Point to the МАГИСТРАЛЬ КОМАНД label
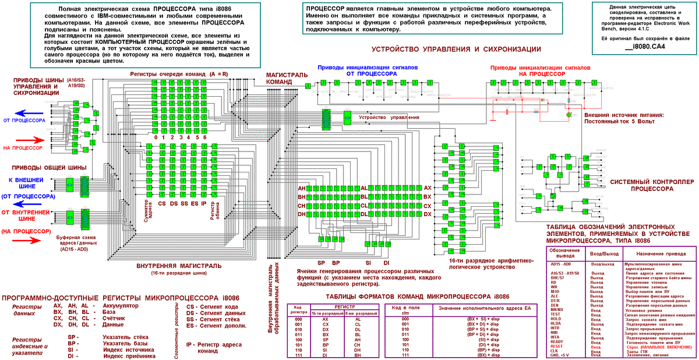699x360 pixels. click(286, 79)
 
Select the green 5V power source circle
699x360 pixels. click(569, 114)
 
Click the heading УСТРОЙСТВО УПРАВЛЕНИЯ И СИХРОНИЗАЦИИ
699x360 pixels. click(456, 50)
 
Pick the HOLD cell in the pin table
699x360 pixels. click(556, 319)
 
